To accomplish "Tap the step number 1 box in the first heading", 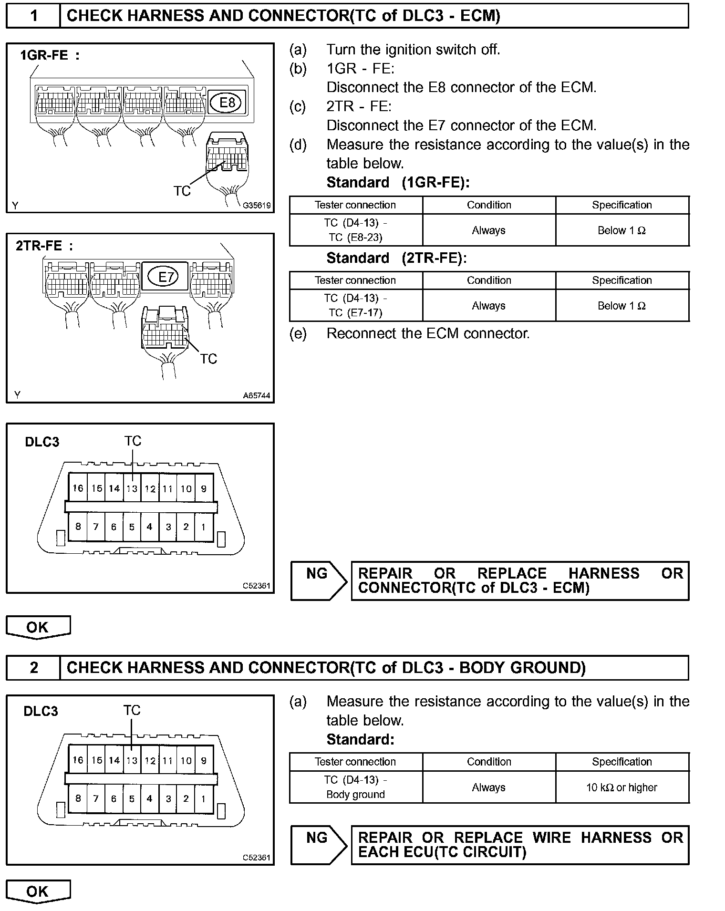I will pyautogui.click(x=33, y=16).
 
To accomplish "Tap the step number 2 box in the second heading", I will pyautogui.click(x=33, y=667).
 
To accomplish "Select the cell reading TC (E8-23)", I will pyautogui.click(x=355, y=237).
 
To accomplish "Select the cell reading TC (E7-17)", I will pyautogui.click(x=355, y=312).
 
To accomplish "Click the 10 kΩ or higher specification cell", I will pyautogui.click(x=621, y=787).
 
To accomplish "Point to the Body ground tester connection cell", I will pyautogui.click(x=355, y=795).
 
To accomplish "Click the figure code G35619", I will pyautogui.click(x=257, y=206).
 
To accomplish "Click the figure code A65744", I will pyautogui.click(x=257, y=395).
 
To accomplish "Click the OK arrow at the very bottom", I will pyautogui.click(x=38, y=891).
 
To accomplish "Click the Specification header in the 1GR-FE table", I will pyautogui.click(x=621, y=205).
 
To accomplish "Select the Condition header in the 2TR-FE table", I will pyautogui.click(x=489, y=280).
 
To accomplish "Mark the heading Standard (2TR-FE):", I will pyautogui.click(x=396, y=258).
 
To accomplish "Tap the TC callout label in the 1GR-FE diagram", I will pyautogui.click(x=182, y=191).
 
